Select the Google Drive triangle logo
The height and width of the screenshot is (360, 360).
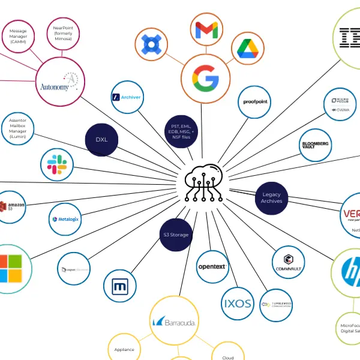click(250, 49)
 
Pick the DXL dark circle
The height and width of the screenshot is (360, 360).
click(101, 140)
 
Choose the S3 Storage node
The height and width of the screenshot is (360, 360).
click(175, 235)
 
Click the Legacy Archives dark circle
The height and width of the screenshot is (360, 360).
click(271, 197)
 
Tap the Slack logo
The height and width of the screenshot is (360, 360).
click(57, 163)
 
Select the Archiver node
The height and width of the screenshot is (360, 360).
click(127, 97)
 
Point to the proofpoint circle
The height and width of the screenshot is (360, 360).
click(256, 102)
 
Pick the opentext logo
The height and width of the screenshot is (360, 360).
click(213, 266)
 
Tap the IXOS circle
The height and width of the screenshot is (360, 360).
click(237, 303)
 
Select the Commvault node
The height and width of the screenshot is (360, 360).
click(289, 262)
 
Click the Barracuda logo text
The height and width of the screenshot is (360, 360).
click(174, 322)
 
